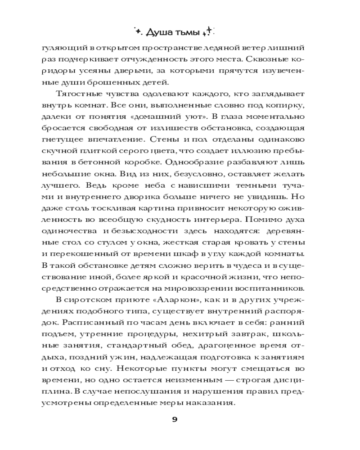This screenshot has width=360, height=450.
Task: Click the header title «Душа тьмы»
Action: point(175,32)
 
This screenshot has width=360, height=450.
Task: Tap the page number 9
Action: point(175,419)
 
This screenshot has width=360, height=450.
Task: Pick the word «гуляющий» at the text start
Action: point(57,47)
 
